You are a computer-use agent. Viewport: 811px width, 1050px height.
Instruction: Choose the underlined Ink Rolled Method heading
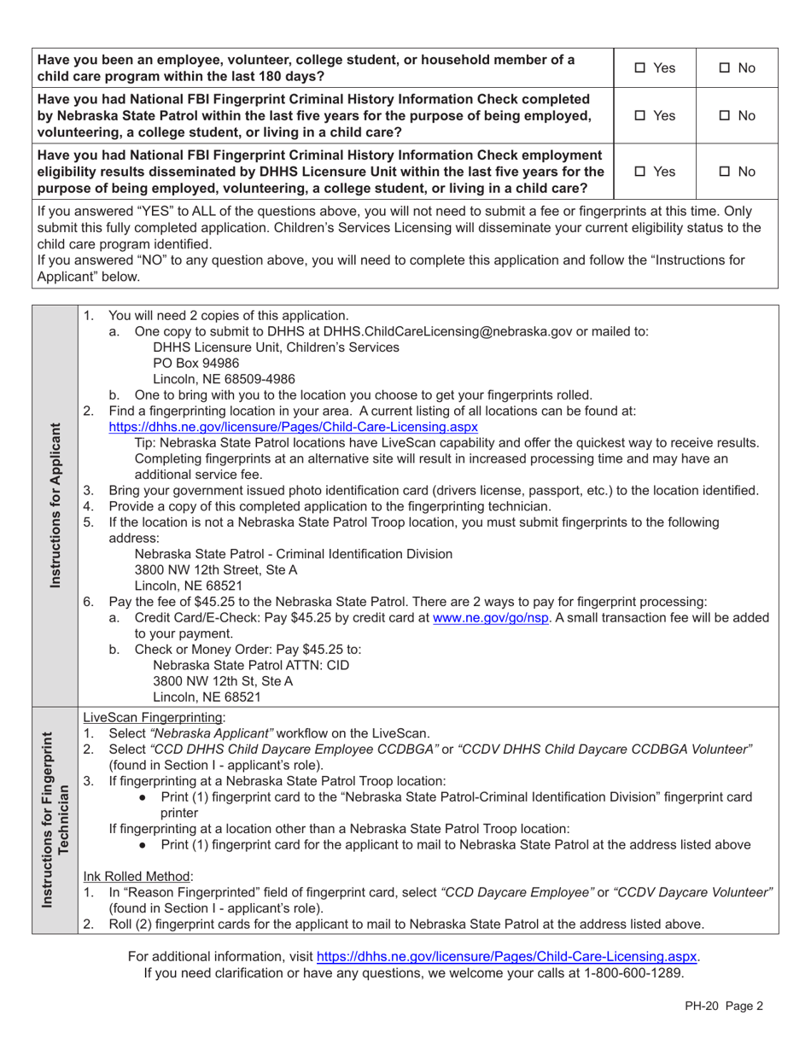[x=137, y=876]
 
